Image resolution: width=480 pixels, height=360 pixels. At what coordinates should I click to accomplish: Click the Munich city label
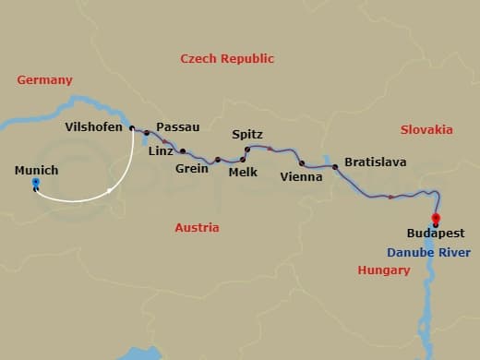[37, 170]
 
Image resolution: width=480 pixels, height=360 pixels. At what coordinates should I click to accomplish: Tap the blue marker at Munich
[35, 184]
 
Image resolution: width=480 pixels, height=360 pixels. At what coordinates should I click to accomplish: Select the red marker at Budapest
[436, 218]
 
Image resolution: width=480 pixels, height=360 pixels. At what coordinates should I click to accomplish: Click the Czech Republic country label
[227, 58]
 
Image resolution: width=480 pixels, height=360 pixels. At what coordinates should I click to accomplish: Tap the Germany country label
[44, 80]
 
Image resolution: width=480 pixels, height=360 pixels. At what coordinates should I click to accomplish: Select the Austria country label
[197, 227]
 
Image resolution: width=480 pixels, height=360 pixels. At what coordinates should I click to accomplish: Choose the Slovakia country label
[426, 130]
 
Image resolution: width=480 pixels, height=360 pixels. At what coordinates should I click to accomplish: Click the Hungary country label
[383, 270]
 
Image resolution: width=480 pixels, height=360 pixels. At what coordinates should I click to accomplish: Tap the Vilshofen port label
[94, 127]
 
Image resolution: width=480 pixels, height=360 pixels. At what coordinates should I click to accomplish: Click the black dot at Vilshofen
[132, 128]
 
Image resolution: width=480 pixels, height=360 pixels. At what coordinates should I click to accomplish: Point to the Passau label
[178, 126]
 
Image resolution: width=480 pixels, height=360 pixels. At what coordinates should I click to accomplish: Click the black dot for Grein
[218, 159]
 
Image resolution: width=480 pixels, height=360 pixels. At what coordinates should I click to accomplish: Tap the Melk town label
[243, 172]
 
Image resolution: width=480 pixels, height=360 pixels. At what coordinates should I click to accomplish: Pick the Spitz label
[247, 135]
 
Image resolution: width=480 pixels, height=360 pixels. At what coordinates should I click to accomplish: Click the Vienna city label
[301, 176]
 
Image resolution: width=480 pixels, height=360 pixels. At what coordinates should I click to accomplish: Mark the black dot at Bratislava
[335, 167]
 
